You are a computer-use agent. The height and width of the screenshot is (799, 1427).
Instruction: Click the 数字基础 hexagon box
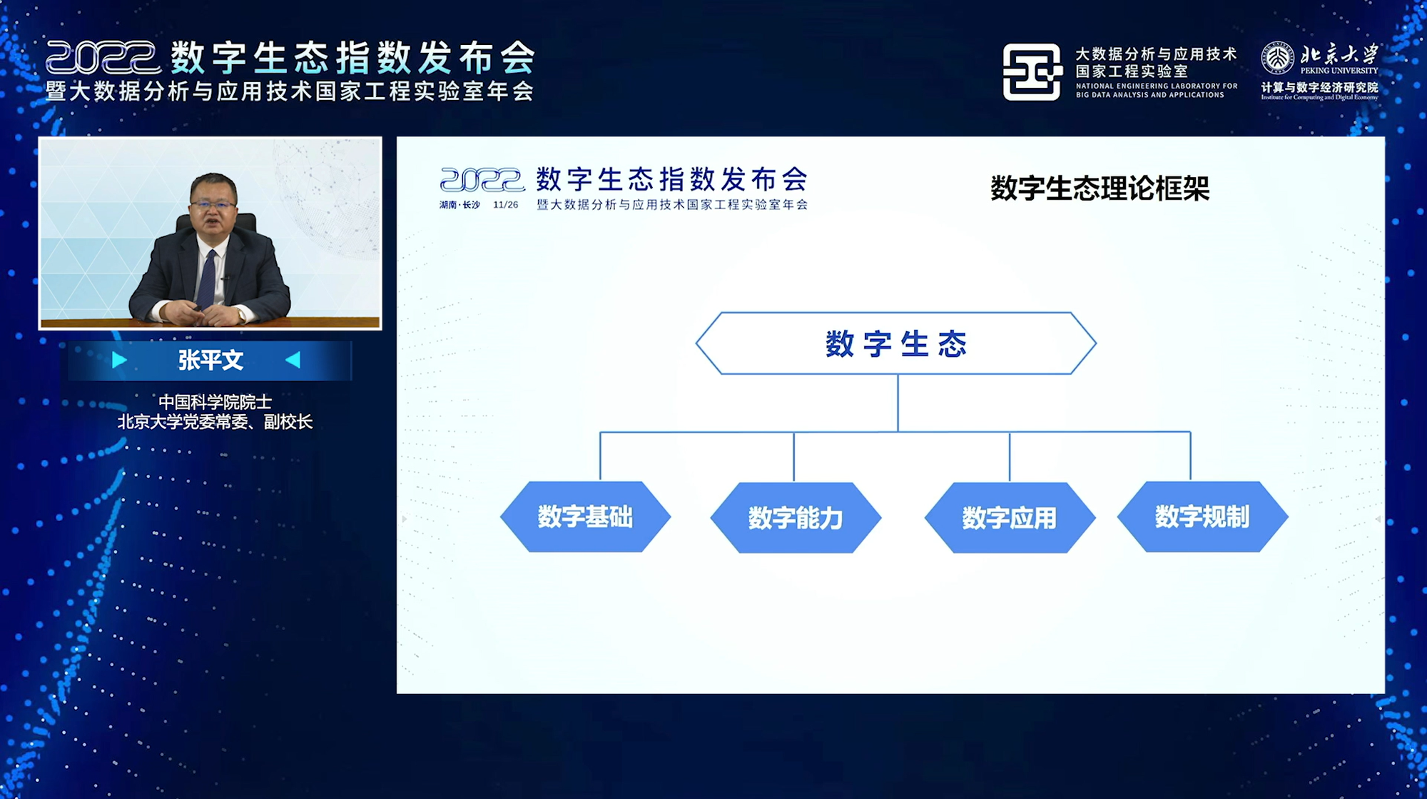[x=586, y=516]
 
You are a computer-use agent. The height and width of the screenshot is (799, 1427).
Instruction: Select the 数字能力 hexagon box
[x=796, y=518]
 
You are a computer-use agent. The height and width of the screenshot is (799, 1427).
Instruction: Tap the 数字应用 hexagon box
[x=1010, y=518]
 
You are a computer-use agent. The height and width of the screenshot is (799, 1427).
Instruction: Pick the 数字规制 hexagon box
[x=1202, y=516]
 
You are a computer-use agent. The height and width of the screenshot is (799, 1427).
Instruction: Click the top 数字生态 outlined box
[x=896, y=343]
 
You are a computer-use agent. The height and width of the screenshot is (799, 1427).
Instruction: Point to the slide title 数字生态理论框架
[x=1100, y=189]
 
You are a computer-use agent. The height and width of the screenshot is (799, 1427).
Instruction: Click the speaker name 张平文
[x=210, y=360]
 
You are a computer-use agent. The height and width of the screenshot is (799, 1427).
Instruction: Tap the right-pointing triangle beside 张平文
[x=119, y=360]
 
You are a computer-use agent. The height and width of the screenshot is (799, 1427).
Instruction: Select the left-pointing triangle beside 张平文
[x=293, y=360]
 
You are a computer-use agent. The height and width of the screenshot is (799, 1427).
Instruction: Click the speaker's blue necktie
[x=208, y=278]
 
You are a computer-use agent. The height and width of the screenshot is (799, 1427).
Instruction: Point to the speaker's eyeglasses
[x=213, y=205]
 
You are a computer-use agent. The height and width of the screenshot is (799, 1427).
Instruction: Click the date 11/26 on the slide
[x=505, y=205]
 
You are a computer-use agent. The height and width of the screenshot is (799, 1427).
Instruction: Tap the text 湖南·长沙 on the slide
[x=459, y=205]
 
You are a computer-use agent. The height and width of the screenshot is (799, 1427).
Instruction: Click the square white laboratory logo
[x=1032, y=72]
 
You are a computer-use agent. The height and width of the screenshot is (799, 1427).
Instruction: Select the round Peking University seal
[x=1277, y=58]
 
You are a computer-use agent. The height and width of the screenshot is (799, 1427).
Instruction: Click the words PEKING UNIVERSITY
[x=1339, y=71]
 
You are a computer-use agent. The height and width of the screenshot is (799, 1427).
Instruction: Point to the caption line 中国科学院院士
[x=215, y=402]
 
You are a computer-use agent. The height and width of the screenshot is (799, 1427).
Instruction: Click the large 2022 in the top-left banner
[x=103, y=58]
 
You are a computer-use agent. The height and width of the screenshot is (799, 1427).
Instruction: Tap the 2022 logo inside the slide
[x=482, y=180]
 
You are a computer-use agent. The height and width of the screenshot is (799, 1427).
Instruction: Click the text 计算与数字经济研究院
[x=1319, y=87]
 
